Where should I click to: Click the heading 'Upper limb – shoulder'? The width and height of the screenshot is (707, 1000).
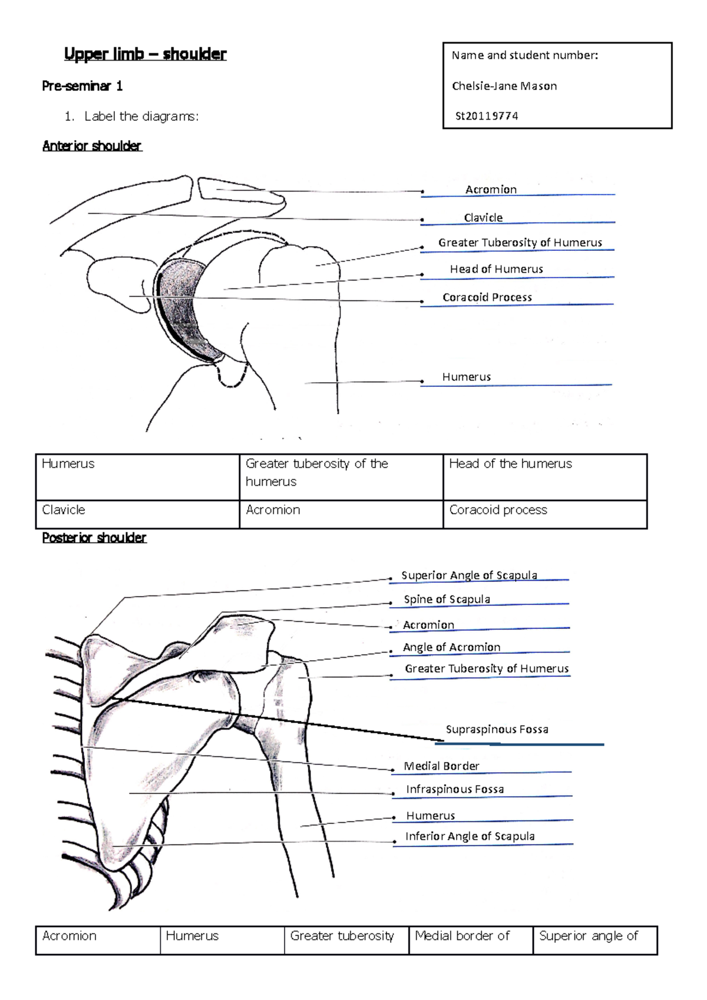coord(145,54)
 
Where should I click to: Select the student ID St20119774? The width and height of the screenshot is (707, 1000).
coord(487,116)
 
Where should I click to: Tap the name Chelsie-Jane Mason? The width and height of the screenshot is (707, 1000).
coord(504,86)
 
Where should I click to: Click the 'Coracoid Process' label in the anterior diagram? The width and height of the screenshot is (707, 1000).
coord(487,297)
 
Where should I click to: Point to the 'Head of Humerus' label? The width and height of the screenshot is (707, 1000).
coord(496,269)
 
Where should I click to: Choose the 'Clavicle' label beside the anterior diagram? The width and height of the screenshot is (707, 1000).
coord(483,218)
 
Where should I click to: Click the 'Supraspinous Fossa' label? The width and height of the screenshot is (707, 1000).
coord(497,730)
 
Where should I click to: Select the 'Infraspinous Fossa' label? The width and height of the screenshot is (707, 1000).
coord(455,789)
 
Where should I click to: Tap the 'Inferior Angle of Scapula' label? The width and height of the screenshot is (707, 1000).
coord(470,836)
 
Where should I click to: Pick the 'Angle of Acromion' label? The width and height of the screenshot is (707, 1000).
coord(451,647)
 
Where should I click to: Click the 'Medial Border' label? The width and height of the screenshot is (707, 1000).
coord(441,766)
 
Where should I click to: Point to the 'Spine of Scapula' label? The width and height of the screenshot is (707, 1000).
coord(447,600)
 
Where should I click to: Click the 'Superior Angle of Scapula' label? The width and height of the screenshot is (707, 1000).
coord(469,575)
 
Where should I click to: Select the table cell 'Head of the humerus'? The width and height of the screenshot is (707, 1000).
coord(510,464)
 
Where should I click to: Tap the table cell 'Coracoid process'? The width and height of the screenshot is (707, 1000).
coord(498,510)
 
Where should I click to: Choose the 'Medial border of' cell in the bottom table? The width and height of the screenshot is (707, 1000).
coord(462,936)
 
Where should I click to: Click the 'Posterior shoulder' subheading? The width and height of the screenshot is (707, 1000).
coord(94,538)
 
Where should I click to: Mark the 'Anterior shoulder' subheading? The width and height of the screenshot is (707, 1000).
coord(92,146)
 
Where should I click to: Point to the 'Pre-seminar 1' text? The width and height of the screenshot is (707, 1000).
coord(82,86)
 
